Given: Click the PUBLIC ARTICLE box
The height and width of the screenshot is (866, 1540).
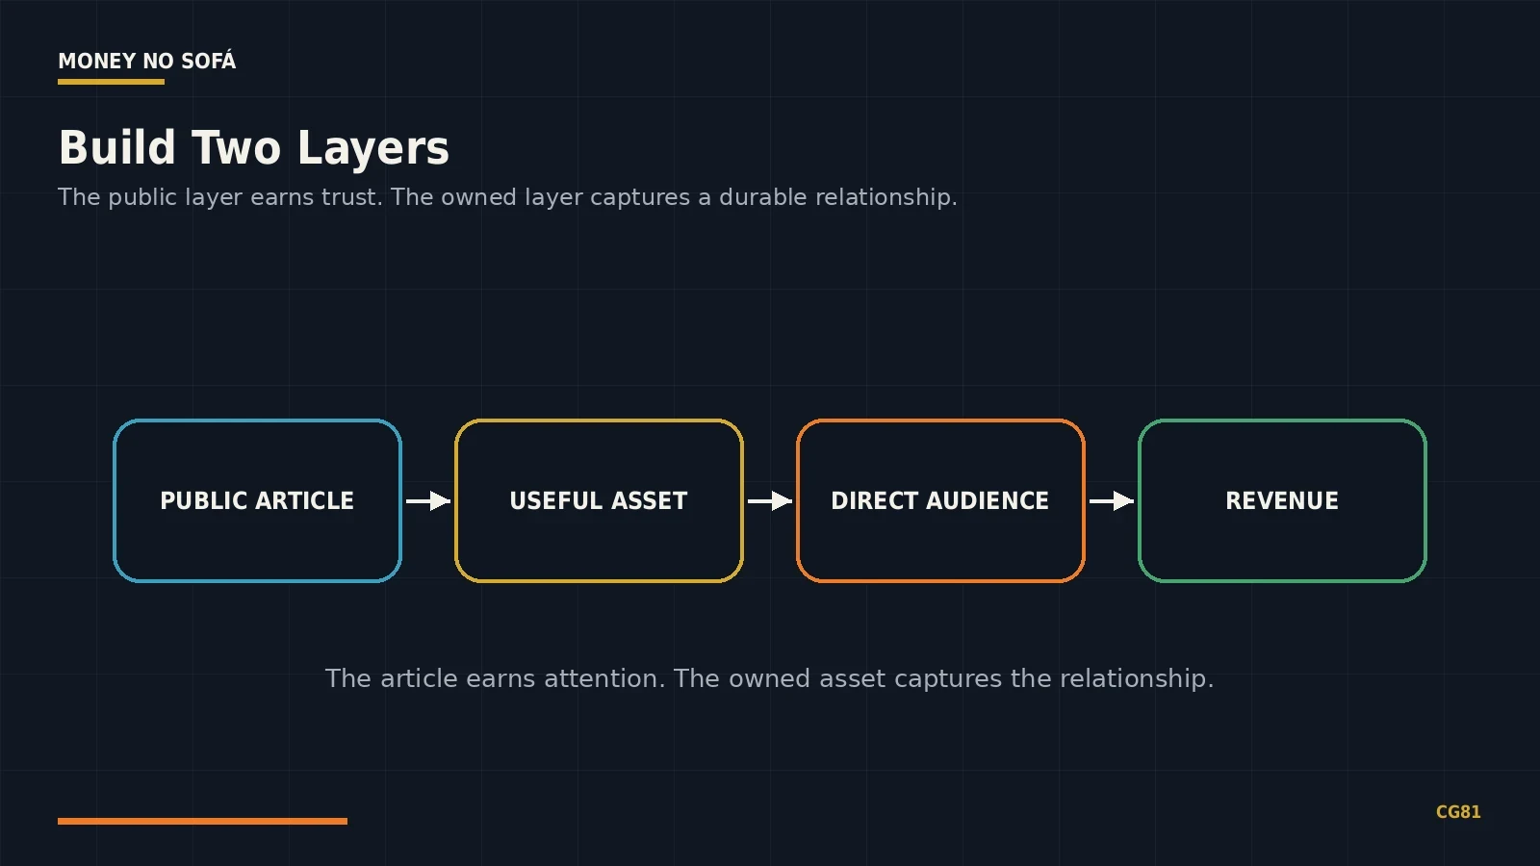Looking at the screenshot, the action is pyautogui.click(x=257, y=500).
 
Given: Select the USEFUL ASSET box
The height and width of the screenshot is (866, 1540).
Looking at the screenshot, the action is pyautogui.click(x=599, y=500).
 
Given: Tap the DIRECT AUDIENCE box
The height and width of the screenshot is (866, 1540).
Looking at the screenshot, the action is pyautogui.click(x=940, y=500).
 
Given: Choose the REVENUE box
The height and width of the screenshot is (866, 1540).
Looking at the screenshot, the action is pyautogui.click(x=1282, y=500).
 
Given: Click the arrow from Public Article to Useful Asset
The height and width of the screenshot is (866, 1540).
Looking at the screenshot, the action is pyautogui.click(x=428, y=501).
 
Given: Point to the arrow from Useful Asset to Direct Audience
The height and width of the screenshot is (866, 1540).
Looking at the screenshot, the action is pyautogui.click(x=770, y=501).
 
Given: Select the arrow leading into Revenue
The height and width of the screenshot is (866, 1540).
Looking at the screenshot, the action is pyautogui.click(x=1112, y=501).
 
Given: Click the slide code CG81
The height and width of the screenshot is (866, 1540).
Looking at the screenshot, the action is pyautogui.click(x=1458, y=812).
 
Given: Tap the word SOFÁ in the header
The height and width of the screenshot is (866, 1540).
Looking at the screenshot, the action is pyautogui.click(x=208, y=61).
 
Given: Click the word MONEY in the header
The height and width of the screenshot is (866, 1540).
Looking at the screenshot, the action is pyautogui.click(x=97, y=62).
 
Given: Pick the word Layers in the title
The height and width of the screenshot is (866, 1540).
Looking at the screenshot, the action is pyautogui.click(x=373, y=148).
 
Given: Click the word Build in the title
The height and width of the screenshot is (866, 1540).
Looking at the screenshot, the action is pyautogui.click(x=116, y=147).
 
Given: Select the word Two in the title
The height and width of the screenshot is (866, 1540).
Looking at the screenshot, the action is pyautogui.click(x=236, y=147).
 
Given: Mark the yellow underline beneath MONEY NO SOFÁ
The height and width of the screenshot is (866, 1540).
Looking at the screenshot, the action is pyautogui.click(x=112, y=82).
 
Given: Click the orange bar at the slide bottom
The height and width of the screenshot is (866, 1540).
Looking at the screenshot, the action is pyautogui.click(x=203, y=822).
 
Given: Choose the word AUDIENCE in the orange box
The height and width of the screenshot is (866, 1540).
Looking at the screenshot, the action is pyautogui.click(x=988, y=500).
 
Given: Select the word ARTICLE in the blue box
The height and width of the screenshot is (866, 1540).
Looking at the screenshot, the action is pyautogui.click(x=304, y=500).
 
